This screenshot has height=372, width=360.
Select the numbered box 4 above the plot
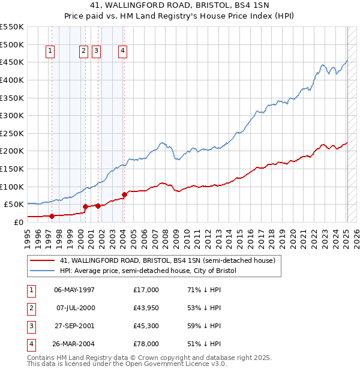click(x=122, y=52)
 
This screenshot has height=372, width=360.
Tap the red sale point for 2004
click(x=124, y=194)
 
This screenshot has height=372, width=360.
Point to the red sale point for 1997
click(x=52, y=216)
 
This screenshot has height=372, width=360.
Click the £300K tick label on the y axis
click(x=11, y=115)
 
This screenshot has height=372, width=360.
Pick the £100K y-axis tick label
click(x=11, y=187)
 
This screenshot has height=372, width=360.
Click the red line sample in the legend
click(x=43, y=261)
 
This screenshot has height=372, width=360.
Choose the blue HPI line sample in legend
click(x=43, y=271)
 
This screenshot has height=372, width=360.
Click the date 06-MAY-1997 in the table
click(x=74, y=290)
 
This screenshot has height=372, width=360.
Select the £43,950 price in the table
click(x=146, y=308)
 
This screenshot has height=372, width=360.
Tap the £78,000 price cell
click(x=146, y=344)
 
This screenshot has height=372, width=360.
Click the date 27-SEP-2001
click(x=74, y=326)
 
